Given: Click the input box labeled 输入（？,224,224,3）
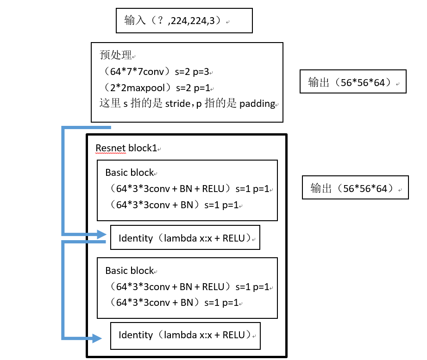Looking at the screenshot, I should pos(184,21).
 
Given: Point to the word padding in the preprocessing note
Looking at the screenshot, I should pos(257,104).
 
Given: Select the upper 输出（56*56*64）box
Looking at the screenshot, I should pos(353,82).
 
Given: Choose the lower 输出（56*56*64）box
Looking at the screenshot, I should pos(355,187).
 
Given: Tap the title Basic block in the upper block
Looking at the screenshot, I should pos(129,173).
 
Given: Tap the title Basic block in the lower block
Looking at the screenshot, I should pos(129,270).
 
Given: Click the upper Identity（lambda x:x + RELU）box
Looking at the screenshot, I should pos(185,238).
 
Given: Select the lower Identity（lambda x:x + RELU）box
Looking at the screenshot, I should pos(185,335).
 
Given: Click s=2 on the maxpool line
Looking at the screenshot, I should pos(181,87).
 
